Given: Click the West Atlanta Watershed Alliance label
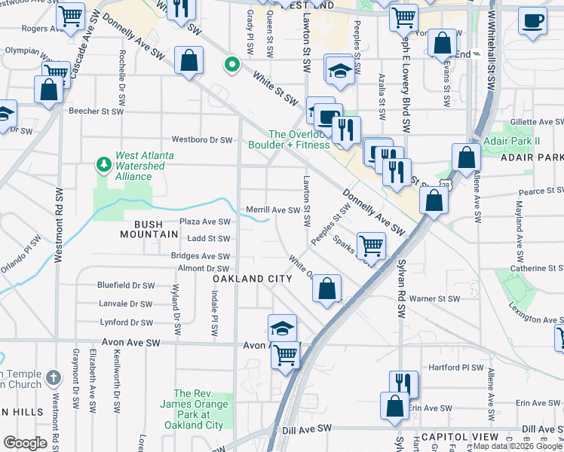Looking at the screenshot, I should pyautogui.click(x=144, y=166).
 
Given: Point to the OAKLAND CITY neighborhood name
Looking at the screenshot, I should pyautogui.click(x=252, y=279).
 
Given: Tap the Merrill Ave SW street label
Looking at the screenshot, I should pyautogui.click(x=273, y=210).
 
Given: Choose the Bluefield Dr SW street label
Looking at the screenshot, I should pyautogui.click(x=125, y=286).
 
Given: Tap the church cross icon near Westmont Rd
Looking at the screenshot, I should pyautogui.click(x=53, y=377).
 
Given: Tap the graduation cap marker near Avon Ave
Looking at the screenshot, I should pyautogui.click(x=282, y=328).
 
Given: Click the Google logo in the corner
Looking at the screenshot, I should pyautogui.click(x=25, y=443).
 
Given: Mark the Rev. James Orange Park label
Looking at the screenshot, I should pyautogui.click(x=198, y=409).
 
